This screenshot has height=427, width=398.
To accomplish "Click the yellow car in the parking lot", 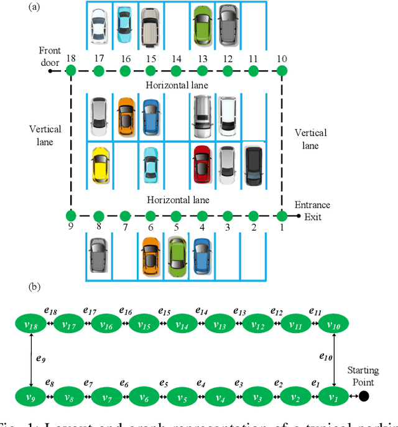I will pos(99,165).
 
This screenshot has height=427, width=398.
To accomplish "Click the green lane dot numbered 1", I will pos(282,216).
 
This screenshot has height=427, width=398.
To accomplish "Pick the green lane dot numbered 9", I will pos(71,216).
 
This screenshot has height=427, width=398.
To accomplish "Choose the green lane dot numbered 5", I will pos(176,216).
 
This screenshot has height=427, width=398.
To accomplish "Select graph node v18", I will pos(32,324).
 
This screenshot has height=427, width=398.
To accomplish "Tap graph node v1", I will pos(334,395).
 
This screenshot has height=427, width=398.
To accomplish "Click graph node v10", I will pos(334,324).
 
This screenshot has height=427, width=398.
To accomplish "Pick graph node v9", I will pos(32,395).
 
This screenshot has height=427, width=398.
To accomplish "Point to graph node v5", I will pos(183,395).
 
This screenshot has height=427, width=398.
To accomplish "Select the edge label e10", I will pos(326,356).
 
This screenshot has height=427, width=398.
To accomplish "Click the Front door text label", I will pos(49,57).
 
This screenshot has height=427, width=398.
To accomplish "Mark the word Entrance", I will pos(312,205).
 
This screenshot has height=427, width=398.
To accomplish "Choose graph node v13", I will pos(220,324).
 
